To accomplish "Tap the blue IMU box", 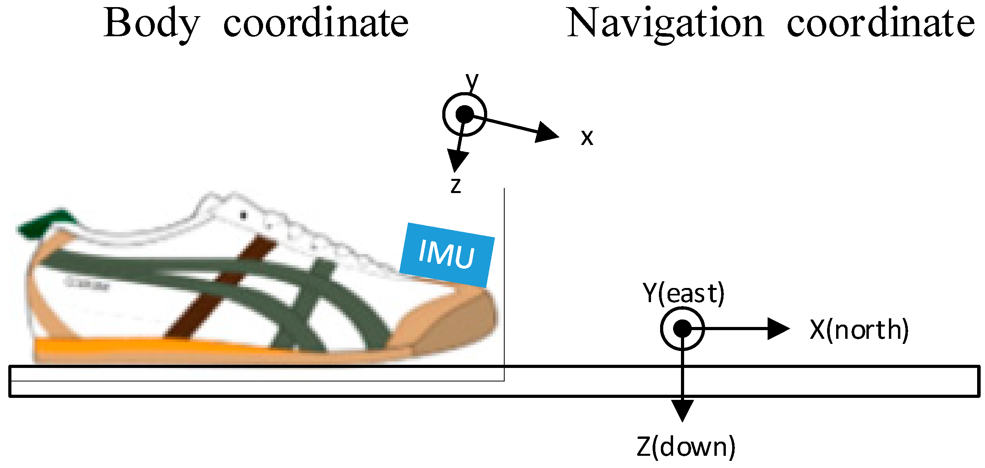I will (x=447, y=255).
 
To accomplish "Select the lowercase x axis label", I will (x=587, y=138).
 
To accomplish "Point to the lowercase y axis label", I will (x=472, y=81).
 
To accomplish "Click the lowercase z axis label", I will (x=456, y=186).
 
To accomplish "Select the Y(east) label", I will (x=683, y=293).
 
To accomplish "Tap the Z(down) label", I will (x=686, y=447).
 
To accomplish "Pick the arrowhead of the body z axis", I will (x=458, y=161).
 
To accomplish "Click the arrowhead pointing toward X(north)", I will (x=778, y=328).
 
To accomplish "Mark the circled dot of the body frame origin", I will (x=465, y=114).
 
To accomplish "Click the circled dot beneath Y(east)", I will (x=682, y=328).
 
